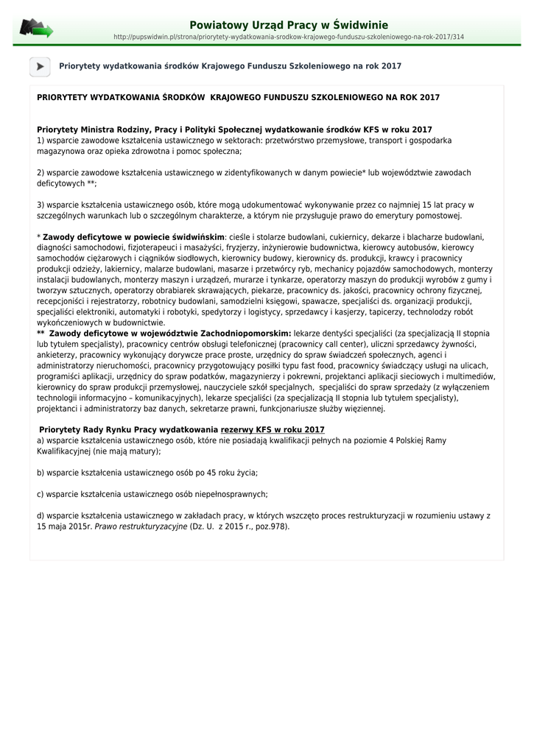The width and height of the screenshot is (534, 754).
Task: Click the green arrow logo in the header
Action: pos(36,29)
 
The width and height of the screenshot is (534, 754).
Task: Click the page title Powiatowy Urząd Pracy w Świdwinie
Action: pos(289,25)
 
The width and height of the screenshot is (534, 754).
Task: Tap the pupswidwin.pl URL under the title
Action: pos(289,37)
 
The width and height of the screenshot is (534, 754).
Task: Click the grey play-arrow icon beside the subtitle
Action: pos(40,66)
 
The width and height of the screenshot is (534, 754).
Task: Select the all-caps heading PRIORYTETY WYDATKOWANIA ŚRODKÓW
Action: pos(238,97)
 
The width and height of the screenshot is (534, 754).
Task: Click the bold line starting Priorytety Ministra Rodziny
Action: pos(234,130)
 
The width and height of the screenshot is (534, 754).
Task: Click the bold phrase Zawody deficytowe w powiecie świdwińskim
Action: pos(133,237)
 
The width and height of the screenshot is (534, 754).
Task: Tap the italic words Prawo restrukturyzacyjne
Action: pos(141,526)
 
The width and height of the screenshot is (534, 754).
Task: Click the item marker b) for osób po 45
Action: pos(41,473)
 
